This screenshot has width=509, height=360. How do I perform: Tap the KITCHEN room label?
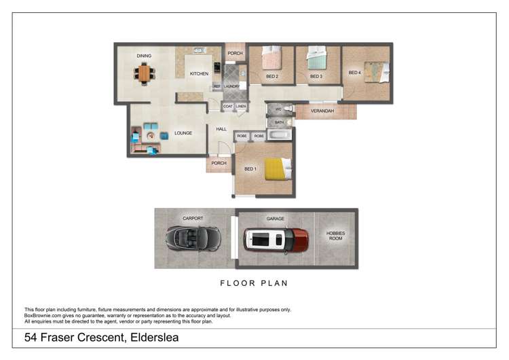click(x=199, y=73)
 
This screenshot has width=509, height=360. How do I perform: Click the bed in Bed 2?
click(x=271, y=58)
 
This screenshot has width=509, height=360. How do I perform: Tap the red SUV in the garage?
click(x=276, y=238)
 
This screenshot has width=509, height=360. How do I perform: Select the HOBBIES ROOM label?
click(x=335, y=236)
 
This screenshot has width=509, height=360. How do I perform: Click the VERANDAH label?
click(x=322, y=111)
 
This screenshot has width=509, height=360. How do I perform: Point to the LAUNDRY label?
click(x=232, y=87)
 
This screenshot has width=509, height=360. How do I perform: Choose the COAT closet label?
click(x=228, y=106)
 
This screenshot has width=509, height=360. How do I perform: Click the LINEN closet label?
click(x=241, y=106)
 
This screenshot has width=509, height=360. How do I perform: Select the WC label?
click(x=278, y=109)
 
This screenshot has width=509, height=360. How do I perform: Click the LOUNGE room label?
click(x=183, y=133)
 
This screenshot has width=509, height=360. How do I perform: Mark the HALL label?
click(x=221, y=129)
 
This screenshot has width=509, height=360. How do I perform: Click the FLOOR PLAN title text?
click(x=255, y=283)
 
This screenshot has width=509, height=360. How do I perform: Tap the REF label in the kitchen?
click(x=216, y=87)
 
